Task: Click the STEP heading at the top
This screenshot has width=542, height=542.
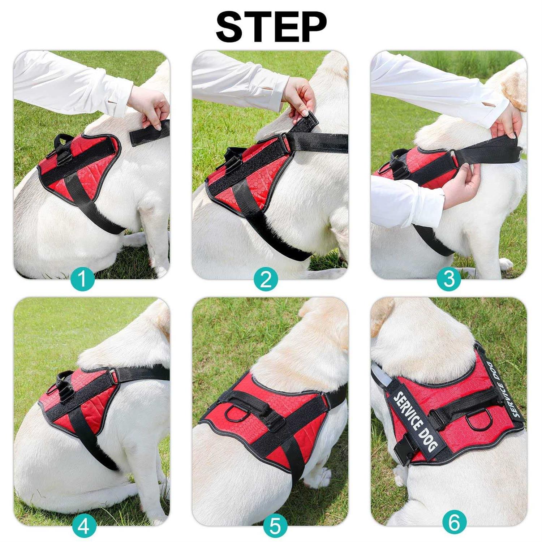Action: point(271,27)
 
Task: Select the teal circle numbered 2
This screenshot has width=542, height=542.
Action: point(266,279)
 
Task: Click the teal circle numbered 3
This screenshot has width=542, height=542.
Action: point(449,279)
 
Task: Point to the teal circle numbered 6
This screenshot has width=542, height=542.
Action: point(455,522)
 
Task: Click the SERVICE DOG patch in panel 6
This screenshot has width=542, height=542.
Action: point(416,421)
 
